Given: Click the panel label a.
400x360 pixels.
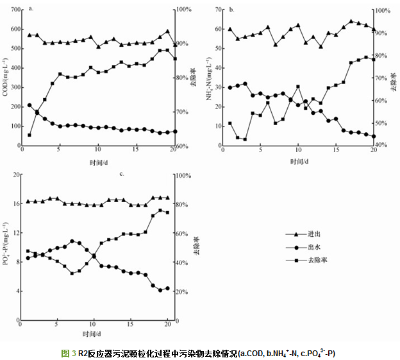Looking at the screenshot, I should click(31, 9).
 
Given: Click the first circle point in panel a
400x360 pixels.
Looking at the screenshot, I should click(29, 105).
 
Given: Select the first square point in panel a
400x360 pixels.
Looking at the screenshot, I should click(29, 135).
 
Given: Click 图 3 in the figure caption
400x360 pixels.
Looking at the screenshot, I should click(69, 353).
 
